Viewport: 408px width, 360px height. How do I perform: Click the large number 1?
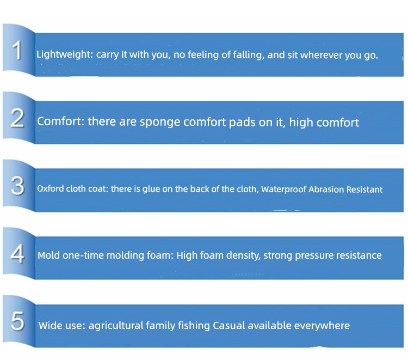17,50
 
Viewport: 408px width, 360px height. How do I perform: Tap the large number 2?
17,119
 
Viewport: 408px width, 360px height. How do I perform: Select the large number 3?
17,186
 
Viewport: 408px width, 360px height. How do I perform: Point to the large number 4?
17,254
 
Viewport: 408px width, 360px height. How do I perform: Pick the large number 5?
17,321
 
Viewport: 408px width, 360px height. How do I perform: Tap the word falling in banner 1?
249,55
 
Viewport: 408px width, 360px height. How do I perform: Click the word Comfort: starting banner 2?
60,121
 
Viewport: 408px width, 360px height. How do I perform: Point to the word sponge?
160,123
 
